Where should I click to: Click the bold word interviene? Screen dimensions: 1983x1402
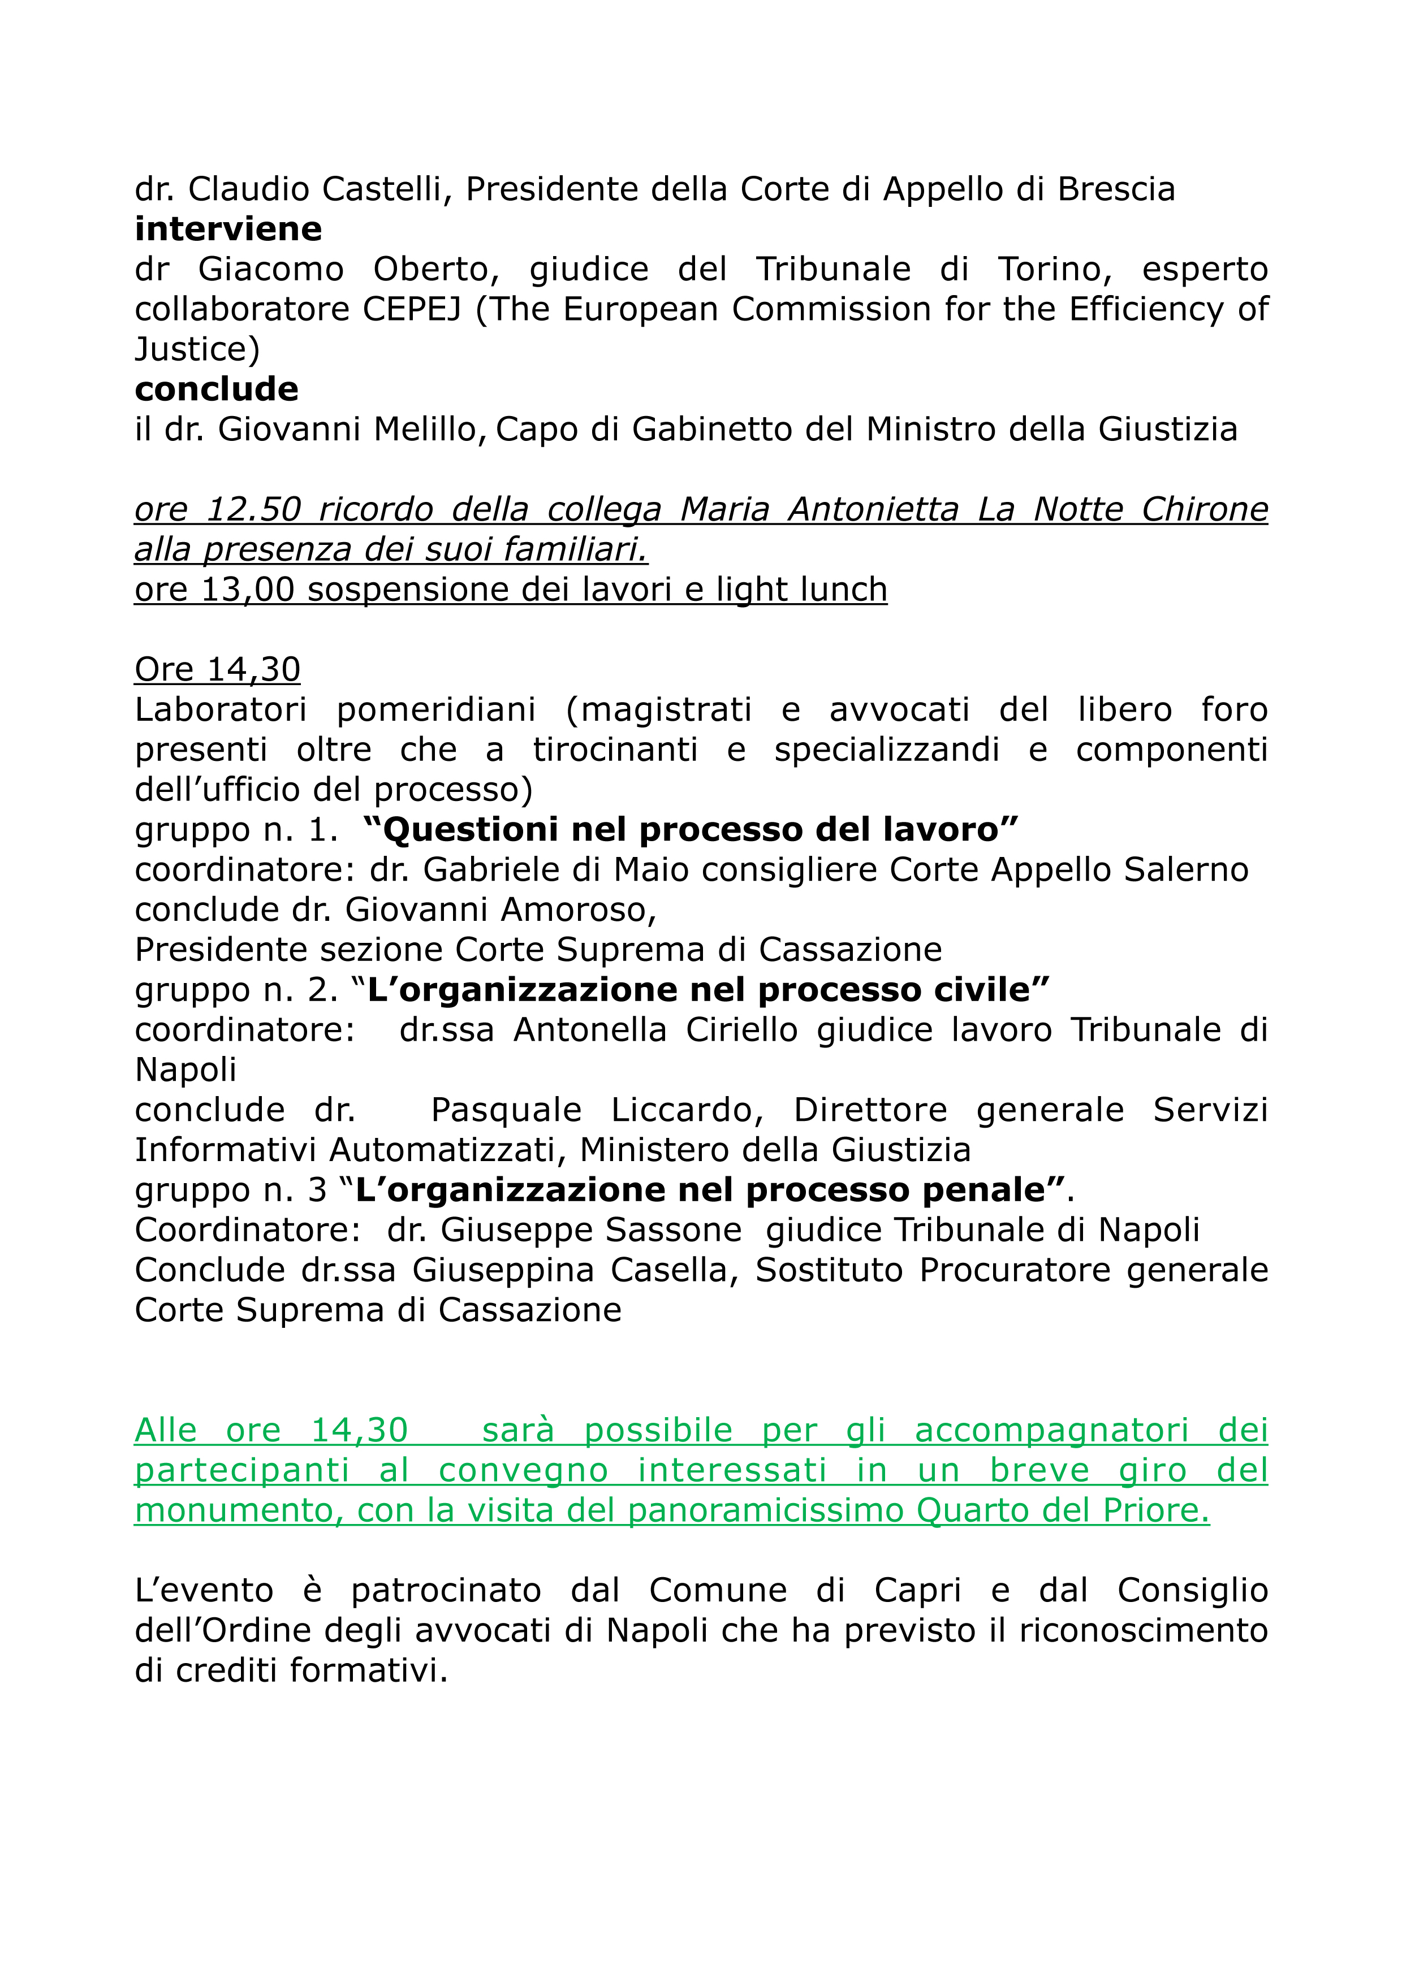point(228,230)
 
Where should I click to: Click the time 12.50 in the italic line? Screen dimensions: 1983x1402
point(253,509)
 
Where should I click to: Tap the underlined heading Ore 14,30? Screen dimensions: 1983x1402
point(218,669)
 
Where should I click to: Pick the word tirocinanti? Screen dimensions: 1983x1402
point(615,750)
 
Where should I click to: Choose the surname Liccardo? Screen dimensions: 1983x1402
point(687,1110)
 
